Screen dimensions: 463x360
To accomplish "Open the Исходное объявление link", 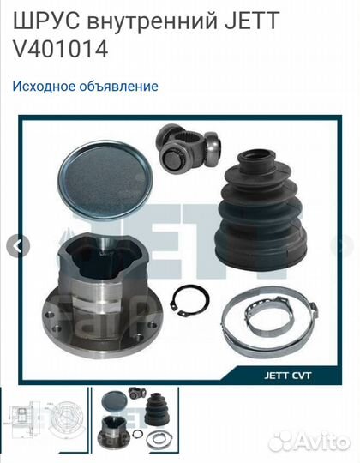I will [x=86, y=86].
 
